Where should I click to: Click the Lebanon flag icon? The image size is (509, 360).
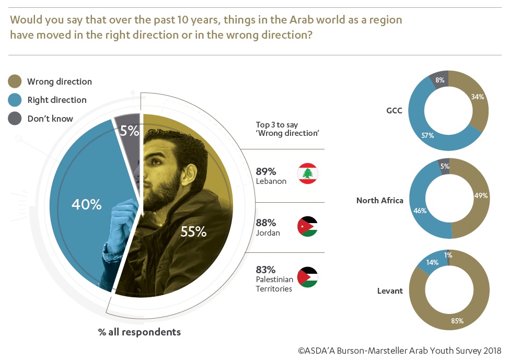coord(308,173)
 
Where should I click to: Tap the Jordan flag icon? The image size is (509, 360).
coord(308,226)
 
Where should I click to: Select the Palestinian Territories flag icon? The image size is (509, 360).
coord(308,277)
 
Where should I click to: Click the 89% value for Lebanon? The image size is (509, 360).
coord(266,171)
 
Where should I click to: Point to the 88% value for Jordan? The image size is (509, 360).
coord(266,222)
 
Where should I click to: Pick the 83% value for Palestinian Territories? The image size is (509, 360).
coord(266,270)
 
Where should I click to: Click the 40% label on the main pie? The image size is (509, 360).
coord(87,204)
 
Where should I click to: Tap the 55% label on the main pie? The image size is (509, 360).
coord(193,231)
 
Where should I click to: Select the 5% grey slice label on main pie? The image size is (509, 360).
coord(129,130)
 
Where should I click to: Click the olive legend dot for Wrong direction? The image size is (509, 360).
coord(15,81)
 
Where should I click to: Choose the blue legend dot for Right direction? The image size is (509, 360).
coord(15,100)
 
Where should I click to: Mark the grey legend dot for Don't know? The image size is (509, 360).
coord(15,119)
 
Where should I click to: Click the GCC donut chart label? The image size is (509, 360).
coord(393,111)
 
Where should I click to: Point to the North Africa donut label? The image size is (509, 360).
coord(380,200)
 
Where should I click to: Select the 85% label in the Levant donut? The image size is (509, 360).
coord(457,321)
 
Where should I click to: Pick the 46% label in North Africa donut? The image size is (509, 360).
coord(420,211)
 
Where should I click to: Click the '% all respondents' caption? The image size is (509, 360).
coord(140,332)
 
